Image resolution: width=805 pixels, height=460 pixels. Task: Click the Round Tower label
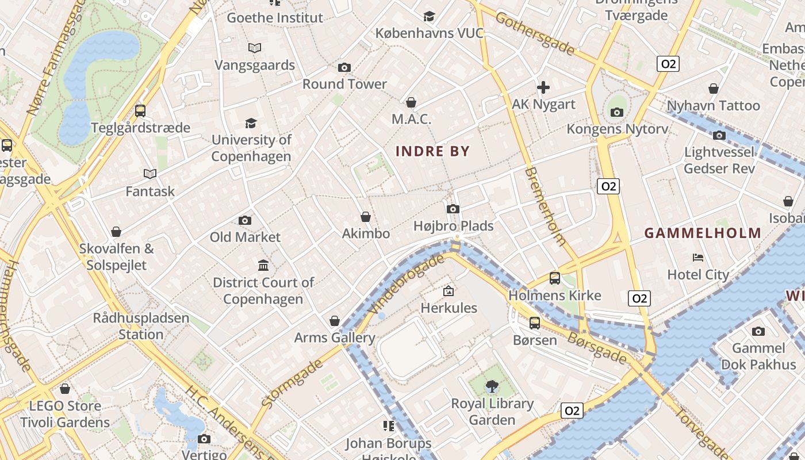pyautogui.click(x=344, y=84)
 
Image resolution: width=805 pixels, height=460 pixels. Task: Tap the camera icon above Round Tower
pyautogui.click(x=344, y=68)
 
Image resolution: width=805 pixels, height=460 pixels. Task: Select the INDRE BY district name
pyautogui.click(x=433, y=152)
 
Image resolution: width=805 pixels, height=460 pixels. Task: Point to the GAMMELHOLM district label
pyautogui.click(x=703, y=233)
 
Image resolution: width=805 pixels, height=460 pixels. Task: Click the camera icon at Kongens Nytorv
pyautogui.click(x=617, y=112)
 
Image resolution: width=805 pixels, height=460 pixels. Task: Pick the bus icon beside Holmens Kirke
pyautogui.click(x=555, y=278)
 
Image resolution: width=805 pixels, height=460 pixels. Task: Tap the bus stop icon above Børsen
pyautogui.click(x=535, y=323)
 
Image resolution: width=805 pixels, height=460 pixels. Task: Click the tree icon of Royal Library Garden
pyautogui.click(x=492, y=386)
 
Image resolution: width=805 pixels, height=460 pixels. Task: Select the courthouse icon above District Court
pyautogui.click(x=263, y=265)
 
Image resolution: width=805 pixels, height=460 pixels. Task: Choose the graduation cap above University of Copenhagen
pyautogui.click(x=251, y=123)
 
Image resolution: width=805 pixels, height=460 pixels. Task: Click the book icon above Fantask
pyautogui.click(x=150, y=174)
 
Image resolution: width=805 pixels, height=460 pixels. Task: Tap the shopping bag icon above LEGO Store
pyautogui.click(x=65, y=389)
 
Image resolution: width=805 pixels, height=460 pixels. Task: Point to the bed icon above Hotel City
pyautogui.click(x=698, y=257)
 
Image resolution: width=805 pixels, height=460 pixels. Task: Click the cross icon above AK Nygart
pyautogui.click(x=543, y=87)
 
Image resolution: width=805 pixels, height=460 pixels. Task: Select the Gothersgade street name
pyautogui.click(x=535, y=34)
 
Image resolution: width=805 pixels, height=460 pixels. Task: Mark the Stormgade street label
pyautogui.click(x=292, y=384)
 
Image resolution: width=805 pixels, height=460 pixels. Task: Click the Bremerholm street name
pyautogui.click(x=546, y=205)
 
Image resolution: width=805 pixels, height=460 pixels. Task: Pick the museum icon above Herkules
pyautogui.click(x=448, y=291)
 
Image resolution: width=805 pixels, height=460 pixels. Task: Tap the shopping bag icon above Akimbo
pyautogui.click(x=366, y=217)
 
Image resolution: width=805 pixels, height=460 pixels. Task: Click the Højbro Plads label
pyautogui.click(x=454, y=226)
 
